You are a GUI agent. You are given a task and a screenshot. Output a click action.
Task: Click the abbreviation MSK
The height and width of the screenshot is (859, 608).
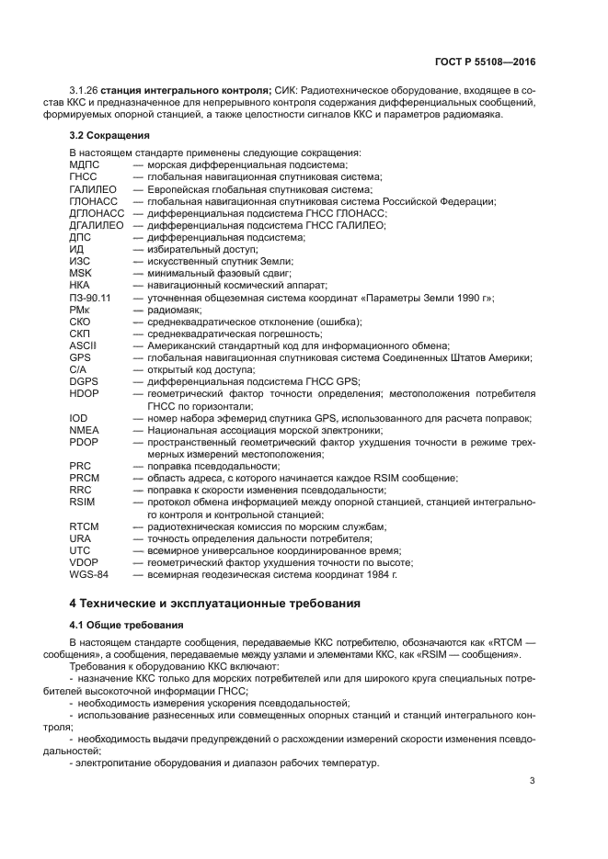81,273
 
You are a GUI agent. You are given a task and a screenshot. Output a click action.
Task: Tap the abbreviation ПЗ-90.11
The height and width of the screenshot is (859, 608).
90,298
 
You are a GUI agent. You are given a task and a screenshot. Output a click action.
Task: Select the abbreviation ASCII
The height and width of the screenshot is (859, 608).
84,345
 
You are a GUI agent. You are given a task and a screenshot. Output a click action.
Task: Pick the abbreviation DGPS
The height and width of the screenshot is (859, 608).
85,381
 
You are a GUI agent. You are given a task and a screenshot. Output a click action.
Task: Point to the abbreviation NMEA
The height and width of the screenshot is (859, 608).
84,430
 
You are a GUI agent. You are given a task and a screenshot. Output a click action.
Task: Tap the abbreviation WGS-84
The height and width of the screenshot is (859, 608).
88,574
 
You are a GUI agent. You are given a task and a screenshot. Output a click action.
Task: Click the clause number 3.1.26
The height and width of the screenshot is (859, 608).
84,89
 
